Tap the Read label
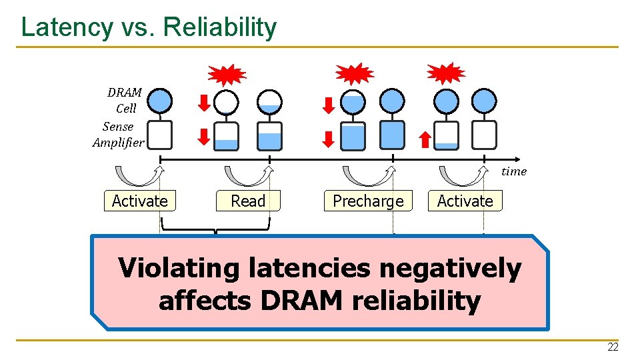[x=248, y=201]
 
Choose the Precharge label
[x=368, y=201]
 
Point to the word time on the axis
[x=513, y=171]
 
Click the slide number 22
[x=612, y=347]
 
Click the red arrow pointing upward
[x=424, y=139]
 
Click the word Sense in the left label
[x=118, y=126]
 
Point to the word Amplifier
[x=118, y=143]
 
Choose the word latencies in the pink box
[x=312, y=268]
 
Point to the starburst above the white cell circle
[x=227, y=74]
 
